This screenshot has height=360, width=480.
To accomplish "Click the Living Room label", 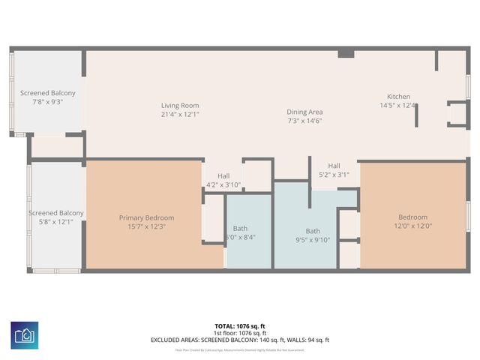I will tap(180, 105).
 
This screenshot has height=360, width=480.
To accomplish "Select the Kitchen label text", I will tap(398, 97).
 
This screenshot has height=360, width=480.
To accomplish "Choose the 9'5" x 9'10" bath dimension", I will tap(312, 240).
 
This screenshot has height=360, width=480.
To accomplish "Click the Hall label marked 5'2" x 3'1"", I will tap(334, 166).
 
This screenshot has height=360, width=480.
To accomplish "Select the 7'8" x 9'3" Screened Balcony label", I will tap(48, 93).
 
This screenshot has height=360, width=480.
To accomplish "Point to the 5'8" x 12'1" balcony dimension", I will tap(55, 222).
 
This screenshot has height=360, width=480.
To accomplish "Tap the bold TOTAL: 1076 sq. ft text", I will tap(239, 326).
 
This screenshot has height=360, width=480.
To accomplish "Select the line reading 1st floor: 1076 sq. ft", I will tap(239, 333).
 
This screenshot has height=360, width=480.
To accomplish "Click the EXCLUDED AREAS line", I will tap(239, 340).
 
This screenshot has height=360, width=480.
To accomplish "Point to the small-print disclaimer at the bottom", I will tap(239, 349).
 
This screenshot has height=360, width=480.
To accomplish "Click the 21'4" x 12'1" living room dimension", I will tap(180, 115).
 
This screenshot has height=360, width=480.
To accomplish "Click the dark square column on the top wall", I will tap(346, 53).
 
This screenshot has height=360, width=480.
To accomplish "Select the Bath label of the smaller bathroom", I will tap(240, 228).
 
